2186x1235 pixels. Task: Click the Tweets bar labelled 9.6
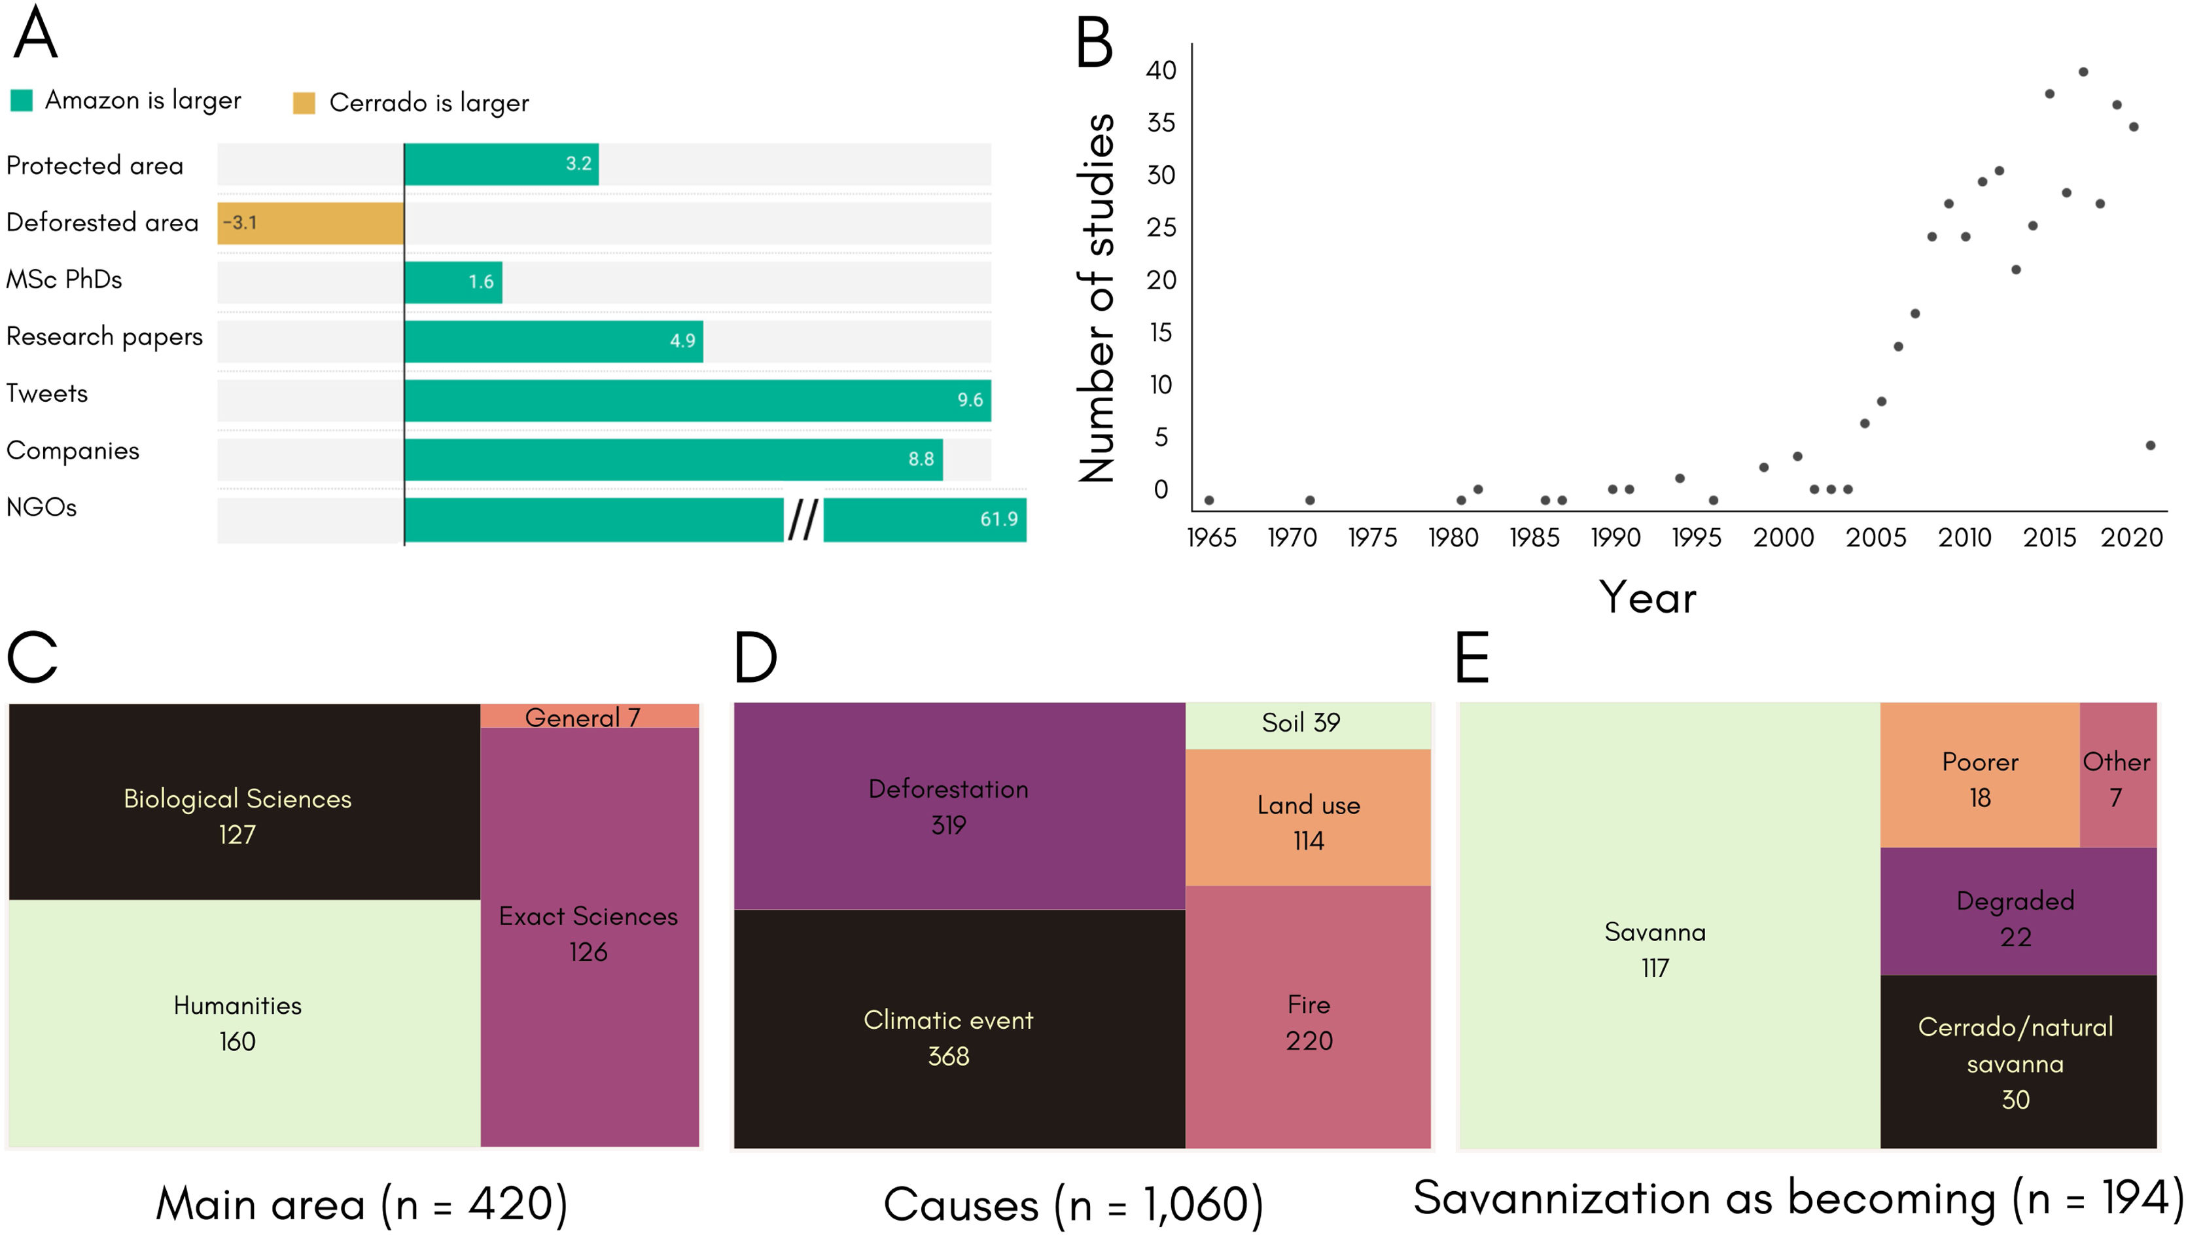coord(697,401)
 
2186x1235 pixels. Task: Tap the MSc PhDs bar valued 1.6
coord(453,282)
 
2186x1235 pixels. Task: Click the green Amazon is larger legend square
coord(21,100)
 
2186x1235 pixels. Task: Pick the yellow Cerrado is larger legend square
coord(304,103)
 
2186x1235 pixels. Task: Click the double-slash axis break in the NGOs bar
coord(803,520)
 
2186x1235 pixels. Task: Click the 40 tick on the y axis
coord(1161,71)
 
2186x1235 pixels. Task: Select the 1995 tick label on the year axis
coord(1695,538)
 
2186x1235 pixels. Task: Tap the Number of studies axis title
coord(1097,297)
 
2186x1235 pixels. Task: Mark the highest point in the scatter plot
coord(2083,72)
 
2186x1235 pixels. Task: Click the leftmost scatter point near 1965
coord(1208,501)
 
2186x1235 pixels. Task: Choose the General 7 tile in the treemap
coord(590,717)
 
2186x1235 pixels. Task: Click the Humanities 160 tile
coord(238,1023)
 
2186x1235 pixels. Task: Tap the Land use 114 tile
coord(1308,821)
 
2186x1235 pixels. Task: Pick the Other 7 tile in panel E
coord(2117,778)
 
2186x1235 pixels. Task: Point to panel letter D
coord(754,658)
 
